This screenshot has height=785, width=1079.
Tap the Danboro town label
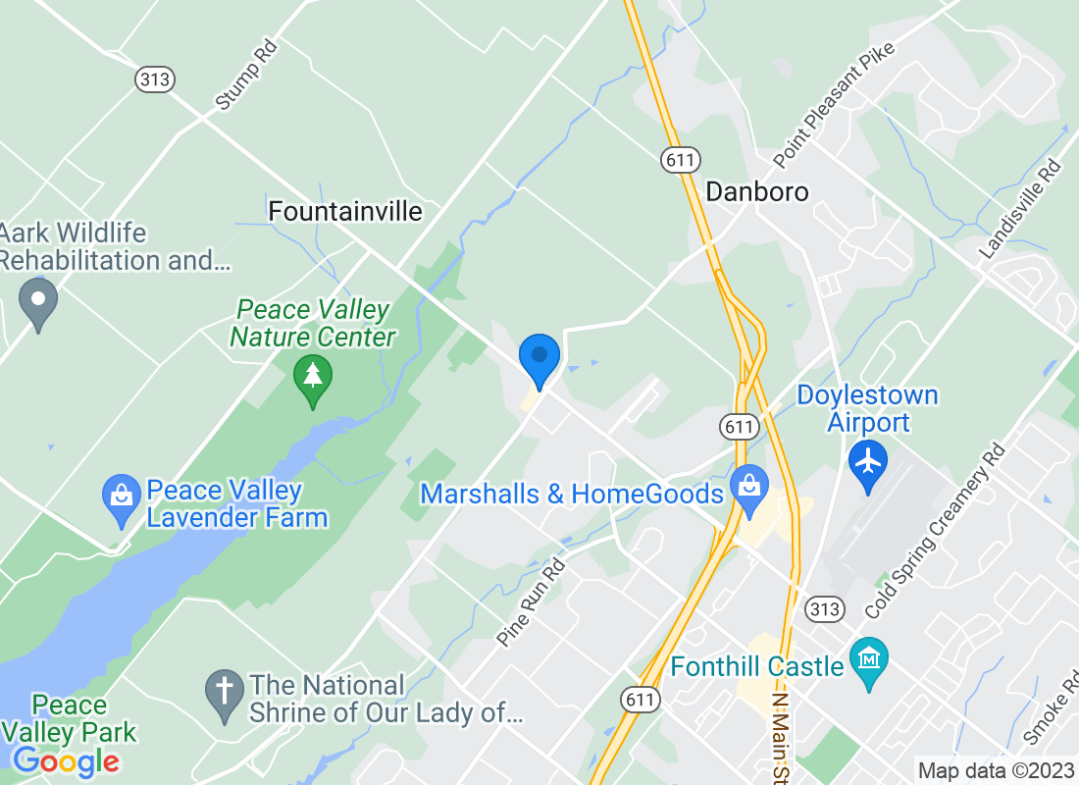tap(757, 190)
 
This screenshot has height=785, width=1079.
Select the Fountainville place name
tap(345, 211)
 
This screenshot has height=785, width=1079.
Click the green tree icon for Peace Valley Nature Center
tap(313, 378)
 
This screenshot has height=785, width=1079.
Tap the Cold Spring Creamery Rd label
tap(936, 531)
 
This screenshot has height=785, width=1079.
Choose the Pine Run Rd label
tap(532, 602)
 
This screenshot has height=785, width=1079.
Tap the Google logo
tap(67, 761)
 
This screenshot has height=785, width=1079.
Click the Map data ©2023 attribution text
tap(995, 770)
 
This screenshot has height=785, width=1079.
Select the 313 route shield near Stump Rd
tap(155, 79)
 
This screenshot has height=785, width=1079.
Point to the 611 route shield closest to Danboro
tap(679, 158)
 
